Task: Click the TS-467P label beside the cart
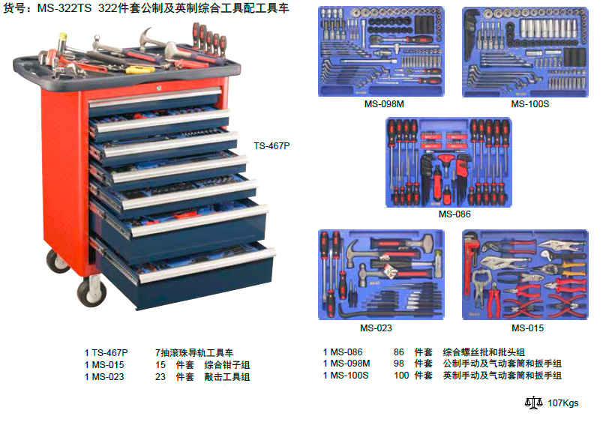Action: (271, 146)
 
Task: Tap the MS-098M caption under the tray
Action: (384, 103)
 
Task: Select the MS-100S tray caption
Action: (530, 103)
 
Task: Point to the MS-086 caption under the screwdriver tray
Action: (454, 214)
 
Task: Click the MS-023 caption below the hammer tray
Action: (376, 328)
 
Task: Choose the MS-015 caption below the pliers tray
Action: (528, 328)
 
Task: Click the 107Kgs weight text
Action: (563, 403)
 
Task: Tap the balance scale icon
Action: (534, 403)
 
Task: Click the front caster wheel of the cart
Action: (91, 291)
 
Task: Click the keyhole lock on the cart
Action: (158, 88)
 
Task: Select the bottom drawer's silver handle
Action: (207, 265)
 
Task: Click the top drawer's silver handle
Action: (155, 97)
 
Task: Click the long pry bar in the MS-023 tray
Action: (385, 311)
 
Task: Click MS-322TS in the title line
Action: (64, 8)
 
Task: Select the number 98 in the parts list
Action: (399, 364)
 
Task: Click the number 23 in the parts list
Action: (160, 377)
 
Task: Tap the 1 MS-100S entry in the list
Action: (346, 376)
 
